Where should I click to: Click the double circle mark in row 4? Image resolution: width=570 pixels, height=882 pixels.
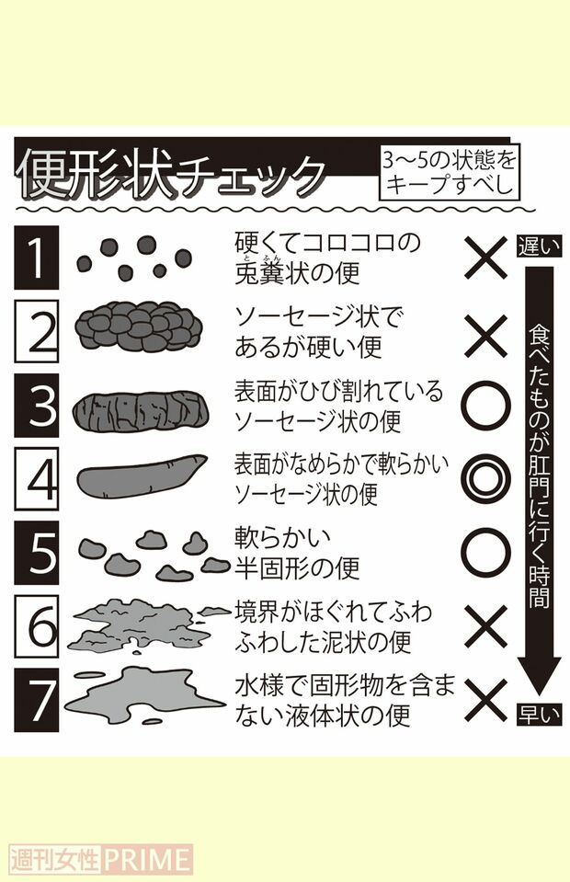(x=485, y=477)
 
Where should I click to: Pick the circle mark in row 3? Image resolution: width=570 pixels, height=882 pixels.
(x=485, y=406)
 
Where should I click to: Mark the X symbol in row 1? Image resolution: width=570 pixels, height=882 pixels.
(x=485, y=258)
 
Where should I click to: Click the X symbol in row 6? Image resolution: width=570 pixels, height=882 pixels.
(x=485, y=625)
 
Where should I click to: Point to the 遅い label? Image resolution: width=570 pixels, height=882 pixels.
(x=538, y=246)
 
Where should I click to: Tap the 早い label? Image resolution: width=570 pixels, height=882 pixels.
(x=538, y=713)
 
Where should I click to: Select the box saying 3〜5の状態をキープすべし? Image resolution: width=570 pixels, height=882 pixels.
(x=449, y=171)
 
